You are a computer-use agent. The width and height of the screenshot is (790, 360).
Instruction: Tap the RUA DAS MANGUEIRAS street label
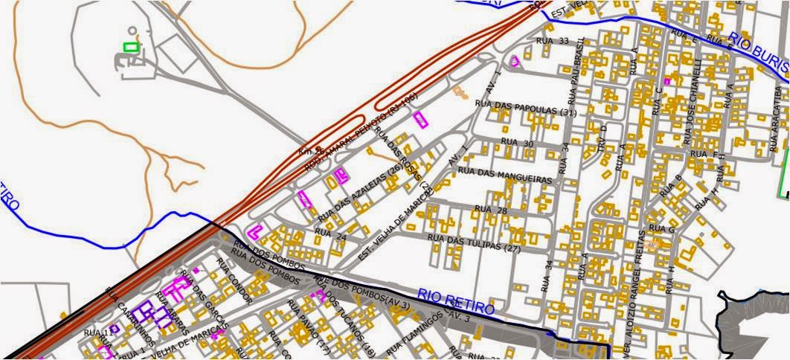(x=505, y=176)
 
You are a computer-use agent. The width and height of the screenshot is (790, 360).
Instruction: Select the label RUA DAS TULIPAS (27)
(x=473, y=241)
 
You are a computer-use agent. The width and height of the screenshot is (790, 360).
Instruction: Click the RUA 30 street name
(x=518, y=141)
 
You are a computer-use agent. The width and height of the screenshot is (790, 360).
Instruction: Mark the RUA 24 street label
(x=330, y=233)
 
